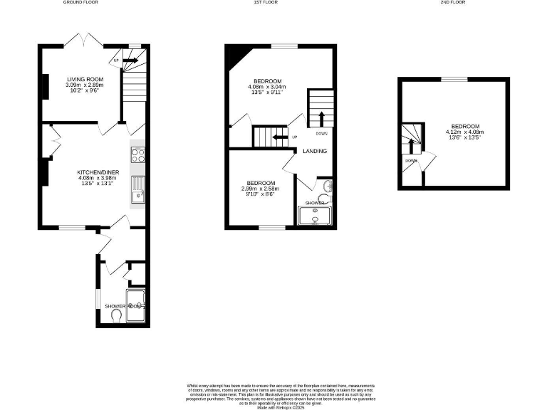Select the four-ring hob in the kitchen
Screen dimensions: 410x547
coord(137,156)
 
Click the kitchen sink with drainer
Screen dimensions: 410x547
coord(137,189)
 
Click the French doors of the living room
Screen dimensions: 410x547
coord(80,40)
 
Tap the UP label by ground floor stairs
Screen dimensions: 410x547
coord(116,60)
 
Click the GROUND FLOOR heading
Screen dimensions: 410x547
coord(80,3)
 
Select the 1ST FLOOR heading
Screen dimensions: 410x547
coord(265,3)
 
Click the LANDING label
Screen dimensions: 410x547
coord(315,151)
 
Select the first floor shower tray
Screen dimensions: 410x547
coord(315,216)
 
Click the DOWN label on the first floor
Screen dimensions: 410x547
coord(321,133)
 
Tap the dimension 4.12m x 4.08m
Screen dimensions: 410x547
coord(464,132)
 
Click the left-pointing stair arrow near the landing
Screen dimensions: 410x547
coord(278,137)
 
